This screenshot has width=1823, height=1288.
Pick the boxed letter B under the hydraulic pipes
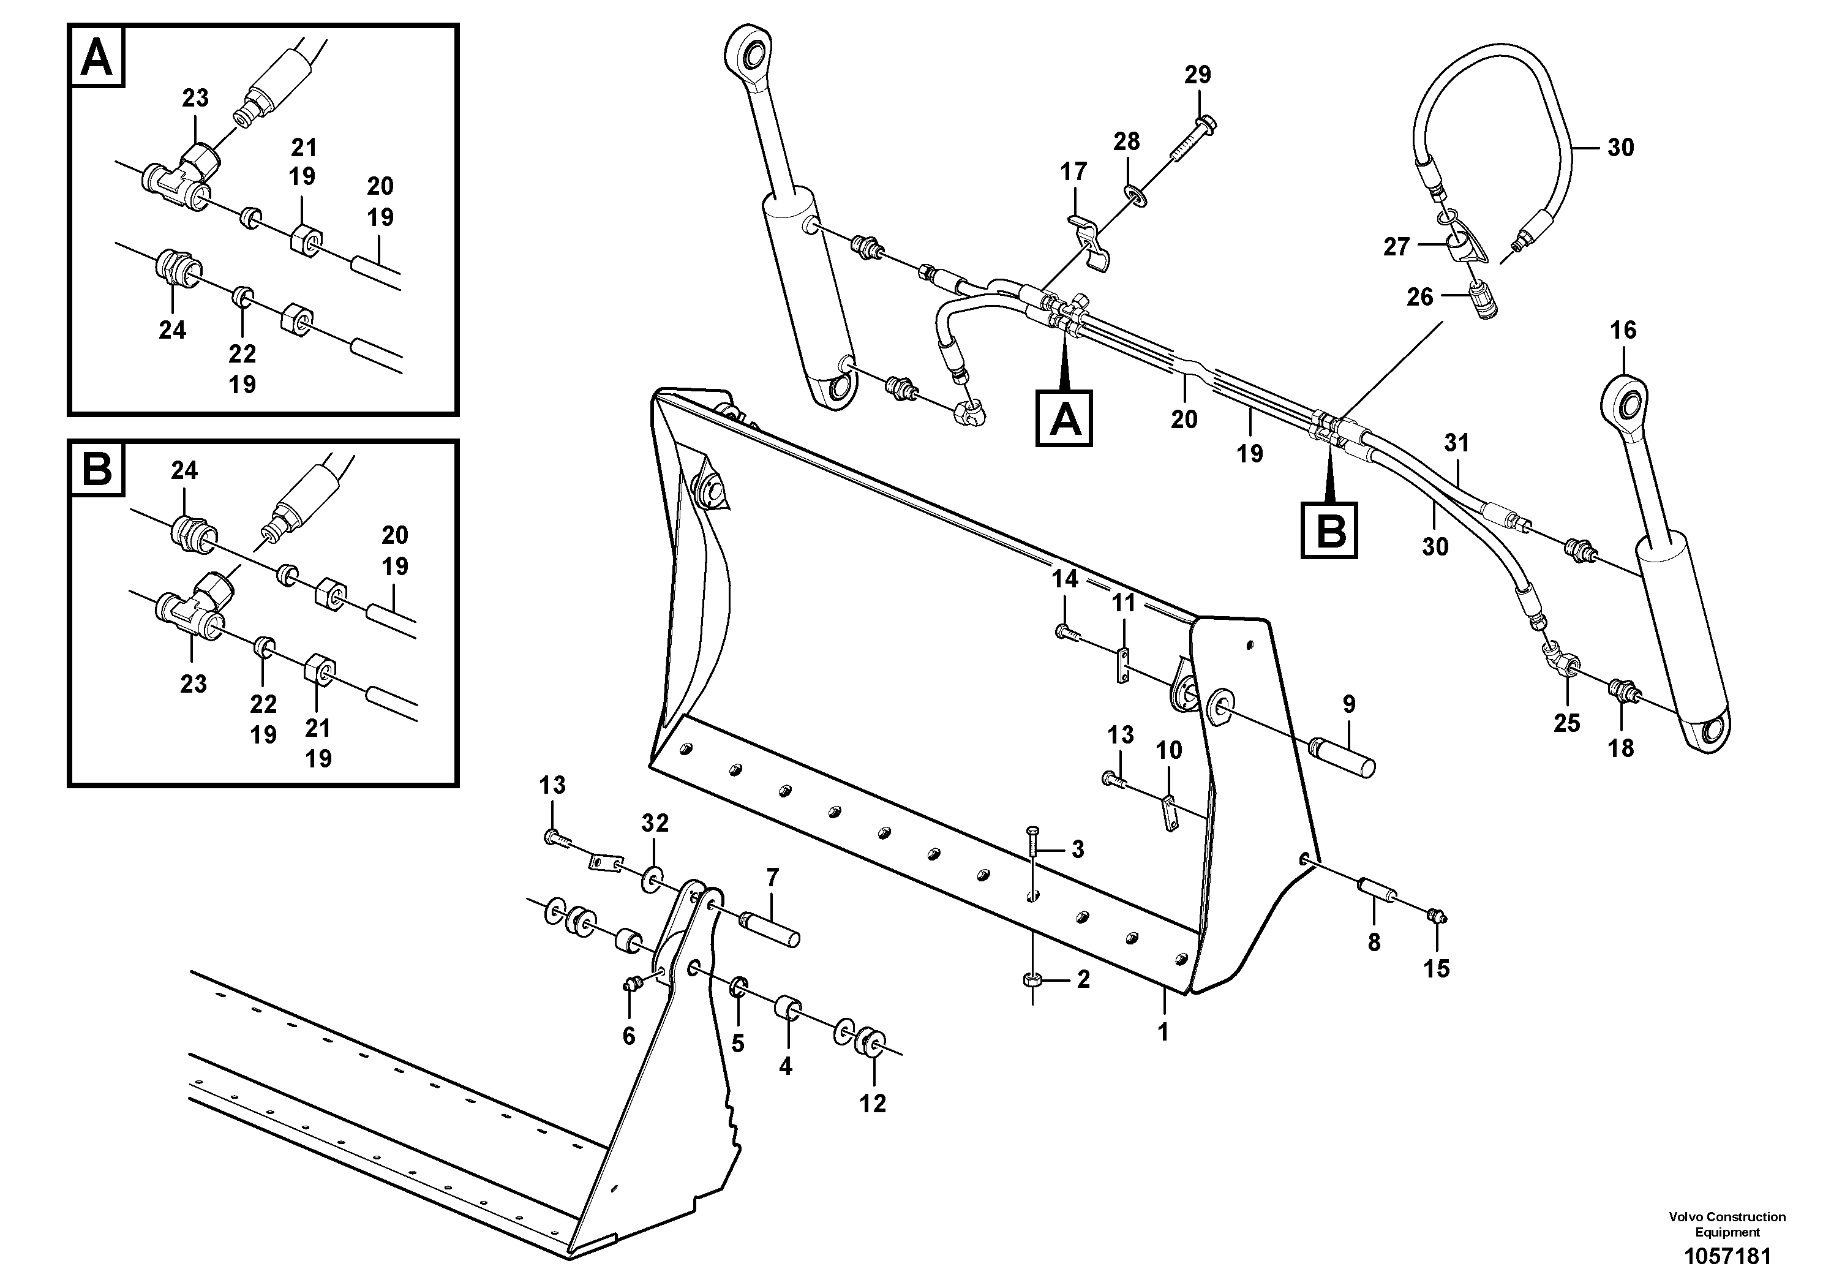(1329, 530)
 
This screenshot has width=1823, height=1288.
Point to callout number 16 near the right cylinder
(1623, 330)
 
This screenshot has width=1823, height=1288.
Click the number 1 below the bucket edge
(1163, 1033)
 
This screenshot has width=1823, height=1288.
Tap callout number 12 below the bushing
(873, 1103)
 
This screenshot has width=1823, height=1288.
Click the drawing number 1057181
(1727, 1257)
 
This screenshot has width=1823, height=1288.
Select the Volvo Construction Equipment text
(1727, 1223)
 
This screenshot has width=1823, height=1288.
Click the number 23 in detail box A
(195, 99)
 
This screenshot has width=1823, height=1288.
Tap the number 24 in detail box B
(184, 471)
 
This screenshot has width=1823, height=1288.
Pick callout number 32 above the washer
(655, 824)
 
